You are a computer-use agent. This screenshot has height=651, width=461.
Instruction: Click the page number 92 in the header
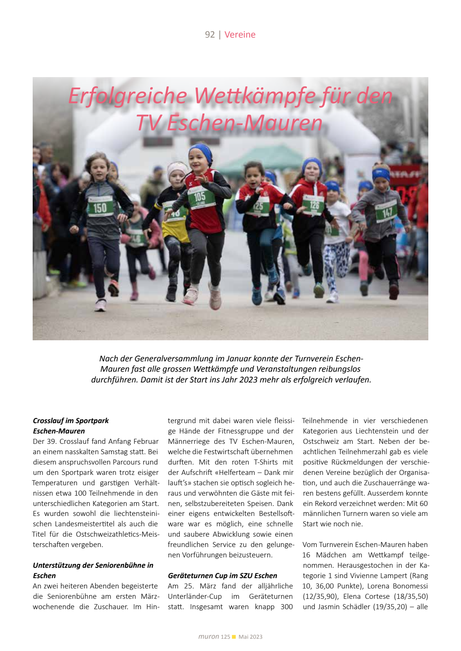pyautogui.click(x=210, y=35)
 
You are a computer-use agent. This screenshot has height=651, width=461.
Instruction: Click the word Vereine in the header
pyautogui.click(x=240, y=35)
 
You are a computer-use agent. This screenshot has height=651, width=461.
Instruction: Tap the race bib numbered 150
pyautogui.click(x=100, y=208)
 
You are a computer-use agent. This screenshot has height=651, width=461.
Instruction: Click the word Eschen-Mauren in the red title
pyautogui.click(x=244, y=123)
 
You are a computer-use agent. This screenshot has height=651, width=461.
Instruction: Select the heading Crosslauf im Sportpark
pyautogui.click(x=71, y=420)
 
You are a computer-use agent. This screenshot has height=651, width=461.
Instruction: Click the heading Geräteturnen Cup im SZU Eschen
pyautogui.click(x=222, y=575)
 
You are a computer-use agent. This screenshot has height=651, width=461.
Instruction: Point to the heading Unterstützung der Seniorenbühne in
pyautogui.click(x=93, y=565)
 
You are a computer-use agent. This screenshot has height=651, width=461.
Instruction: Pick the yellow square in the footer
pyautogui.click(x=234, y=637)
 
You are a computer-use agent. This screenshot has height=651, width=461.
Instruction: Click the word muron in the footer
pyautogui.click(x=209, y=636)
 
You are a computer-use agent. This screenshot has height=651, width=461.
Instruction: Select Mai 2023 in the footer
pyautogui.click(x=250, y=637)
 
